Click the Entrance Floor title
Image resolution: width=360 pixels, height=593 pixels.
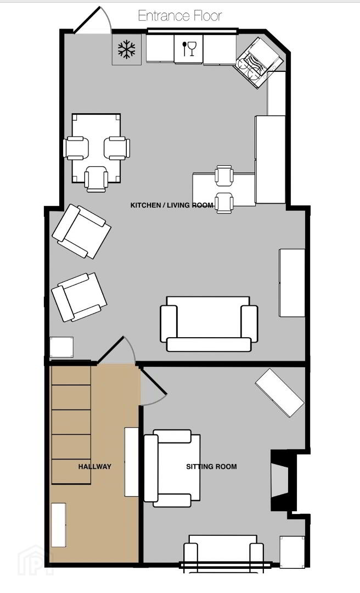pyautogui.click(x=179, y=16)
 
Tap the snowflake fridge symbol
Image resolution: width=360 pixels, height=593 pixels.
pyautogui.click(x=126, y=50)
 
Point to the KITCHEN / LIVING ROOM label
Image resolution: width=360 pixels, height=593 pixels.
pyautogui.click(x=172, y=205)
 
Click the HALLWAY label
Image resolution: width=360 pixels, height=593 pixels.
pyautogui.click(x=94, y=467)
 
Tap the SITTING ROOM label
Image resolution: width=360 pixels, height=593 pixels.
pyautogui.click(x=211, y=467)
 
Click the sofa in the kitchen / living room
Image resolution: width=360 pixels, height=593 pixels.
pyautogui.click(x=209, y=324)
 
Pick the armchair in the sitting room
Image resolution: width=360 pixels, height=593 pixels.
pyautogui.click(x=172, y=468)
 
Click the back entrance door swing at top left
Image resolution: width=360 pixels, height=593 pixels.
pyautogui.click(x=93, y=21)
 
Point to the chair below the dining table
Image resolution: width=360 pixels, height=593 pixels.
pyautogui.click(x=96, y=179)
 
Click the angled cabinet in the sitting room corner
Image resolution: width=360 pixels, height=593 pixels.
pyautogui.click(x=279, y=393)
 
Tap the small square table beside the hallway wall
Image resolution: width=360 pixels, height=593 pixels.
pyautogui.click(x=61, y=347)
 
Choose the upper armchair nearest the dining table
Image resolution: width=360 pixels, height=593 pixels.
pyautogui.click(x=81, y=232)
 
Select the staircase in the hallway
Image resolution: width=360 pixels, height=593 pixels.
pyautogui.click(x=71, y=424)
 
